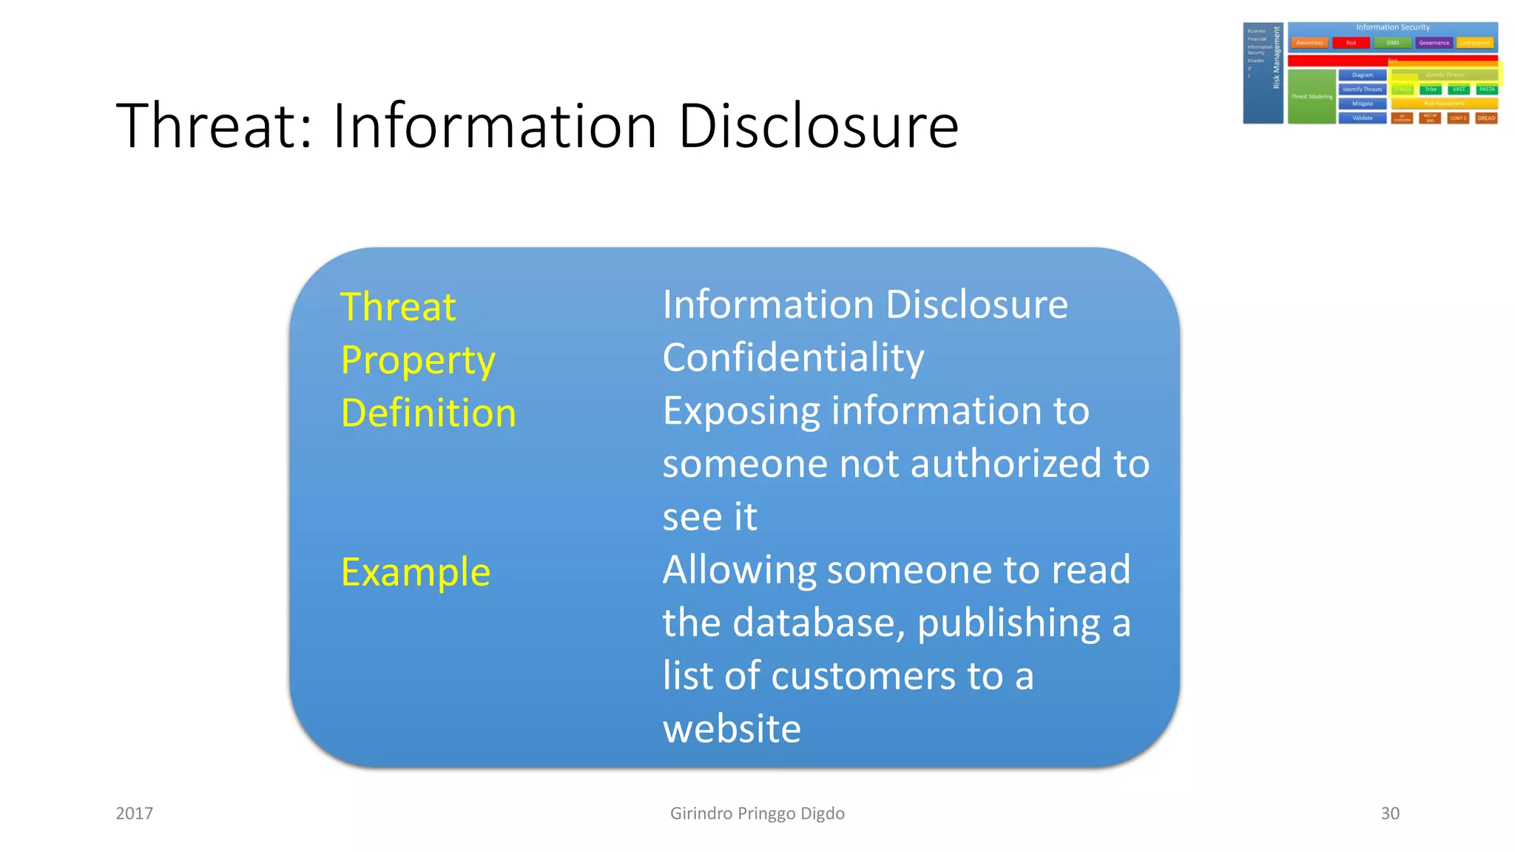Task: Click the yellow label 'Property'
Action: pos(418,361)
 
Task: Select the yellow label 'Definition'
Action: pos(428,413)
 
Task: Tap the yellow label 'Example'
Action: pos(416,572)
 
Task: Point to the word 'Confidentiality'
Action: pos(793,358)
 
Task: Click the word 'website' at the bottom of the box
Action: pos(732,728)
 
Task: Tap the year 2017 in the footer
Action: pos(135,814)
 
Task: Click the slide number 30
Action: pos(1390,814)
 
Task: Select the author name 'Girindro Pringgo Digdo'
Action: pos(757,814)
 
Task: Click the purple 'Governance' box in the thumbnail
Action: pos(1434,43)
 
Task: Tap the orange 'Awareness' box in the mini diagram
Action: pos(1309,43)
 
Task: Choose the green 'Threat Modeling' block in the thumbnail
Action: pos(1312,96)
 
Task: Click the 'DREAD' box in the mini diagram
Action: pos(1486,118)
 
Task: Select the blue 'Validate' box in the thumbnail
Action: pos(1363,118)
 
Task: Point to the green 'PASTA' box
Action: pos(1487,89)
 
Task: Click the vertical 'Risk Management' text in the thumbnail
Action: pos(1276,58)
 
